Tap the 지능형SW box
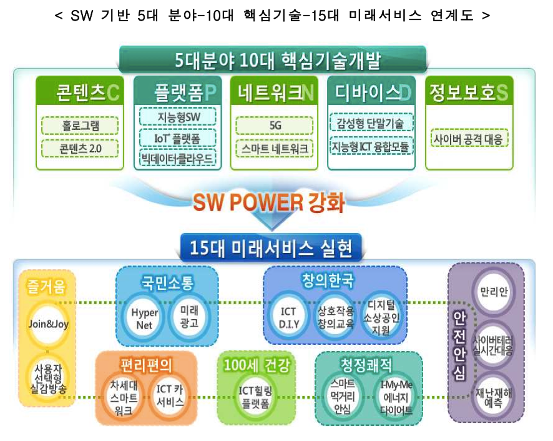tap(178, 117)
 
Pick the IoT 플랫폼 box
tap(178, 137)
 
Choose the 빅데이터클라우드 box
tap(178, 158)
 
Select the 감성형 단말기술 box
tap(371, 122)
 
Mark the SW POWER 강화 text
tap(268, 202)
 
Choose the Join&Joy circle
tap(47, 324)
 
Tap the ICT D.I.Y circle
tap(288, 317)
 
